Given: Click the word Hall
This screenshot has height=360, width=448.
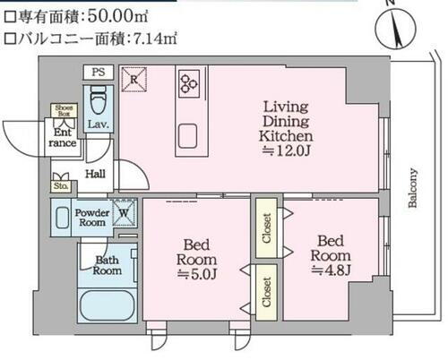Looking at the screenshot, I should coord(96,175).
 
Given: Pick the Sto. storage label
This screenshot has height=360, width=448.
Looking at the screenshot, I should coord(62,187).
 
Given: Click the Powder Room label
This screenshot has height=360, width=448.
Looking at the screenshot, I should coord(92,219).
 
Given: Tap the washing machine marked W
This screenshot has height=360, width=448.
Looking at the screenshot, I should coord(126,213).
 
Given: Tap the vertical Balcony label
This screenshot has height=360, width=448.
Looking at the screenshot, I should coord(413,187).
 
